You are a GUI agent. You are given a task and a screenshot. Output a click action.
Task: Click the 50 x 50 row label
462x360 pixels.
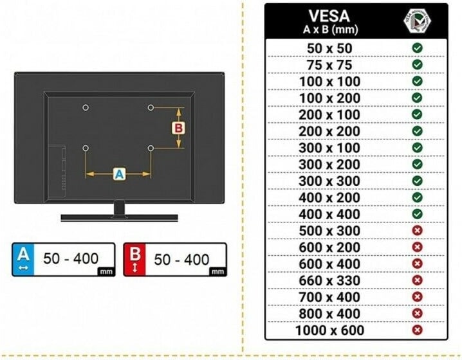coord(329,48)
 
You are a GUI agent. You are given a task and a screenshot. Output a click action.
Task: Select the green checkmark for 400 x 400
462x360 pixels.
coord(417,214)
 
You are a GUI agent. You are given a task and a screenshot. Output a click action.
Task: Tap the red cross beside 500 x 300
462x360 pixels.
coord(417,231)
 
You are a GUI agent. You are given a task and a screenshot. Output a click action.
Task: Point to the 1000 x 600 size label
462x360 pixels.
coord(329,330)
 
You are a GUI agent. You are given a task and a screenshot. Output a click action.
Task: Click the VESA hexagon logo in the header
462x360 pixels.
coord(417,21)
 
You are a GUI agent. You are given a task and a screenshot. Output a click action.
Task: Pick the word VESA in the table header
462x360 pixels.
coord(329,16)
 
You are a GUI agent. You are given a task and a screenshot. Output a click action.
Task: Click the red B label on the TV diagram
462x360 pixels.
coord(178,129)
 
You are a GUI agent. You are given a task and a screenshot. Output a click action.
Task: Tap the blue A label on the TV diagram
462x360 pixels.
coord(119,174)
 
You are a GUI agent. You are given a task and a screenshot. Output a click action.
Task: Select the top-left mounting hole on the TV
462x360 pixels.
coord(86,108)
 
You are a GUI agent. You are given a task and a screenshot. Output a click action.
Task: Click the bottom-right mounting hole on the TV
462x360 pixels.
coord(151,148)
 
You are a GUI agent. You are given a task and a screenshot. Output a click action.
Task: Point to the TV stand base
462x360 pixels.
coord(119,218)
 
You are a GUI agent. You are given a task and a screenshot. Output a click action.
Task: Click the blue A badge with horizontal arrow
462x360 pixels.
coord(23,259)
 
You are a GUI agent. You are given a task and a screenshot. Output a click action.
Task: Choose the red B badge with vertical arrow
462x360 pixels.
coord(134,259)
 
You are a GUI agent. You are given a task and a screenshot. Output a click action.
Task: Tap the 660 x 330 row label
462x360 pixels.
coord(329,280)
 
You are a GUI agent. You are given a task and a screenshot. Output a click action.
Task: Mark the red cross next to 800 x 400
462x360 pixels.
coord(417,314)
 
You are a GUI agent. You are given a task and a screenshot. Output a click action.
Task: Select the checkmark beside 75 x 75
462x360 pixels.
coord(417,64)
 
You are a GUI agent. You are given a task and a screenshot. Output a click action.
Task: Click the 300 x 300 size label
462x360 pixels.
coord(329,181)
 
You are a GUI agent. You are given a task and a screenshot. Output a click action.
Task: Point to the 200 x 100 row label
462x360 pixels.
coord(329,114)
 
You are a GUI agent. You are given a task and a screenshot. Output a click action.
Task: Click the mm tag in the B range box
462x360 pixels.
coord(217,272)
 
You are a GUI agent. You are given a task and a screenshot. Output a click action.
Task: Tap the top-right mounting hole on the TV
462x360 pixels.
coord(151,108)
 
